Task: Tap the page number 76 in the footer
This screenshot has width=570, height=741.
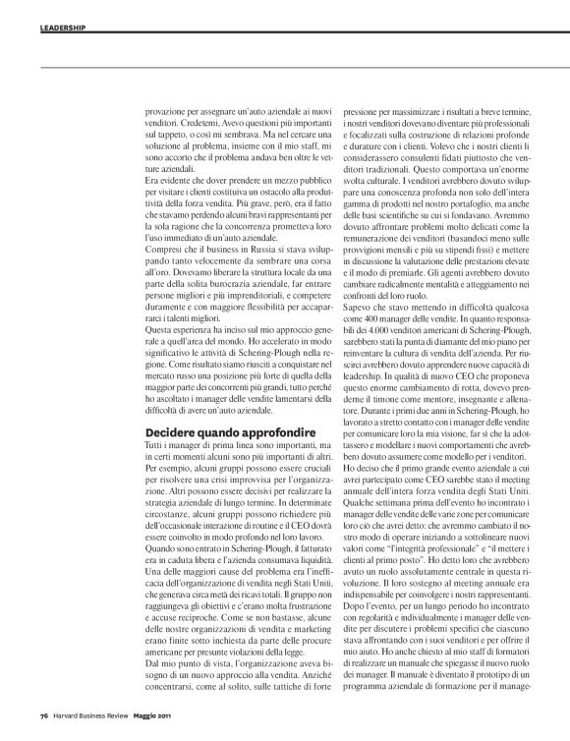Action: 44,714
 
